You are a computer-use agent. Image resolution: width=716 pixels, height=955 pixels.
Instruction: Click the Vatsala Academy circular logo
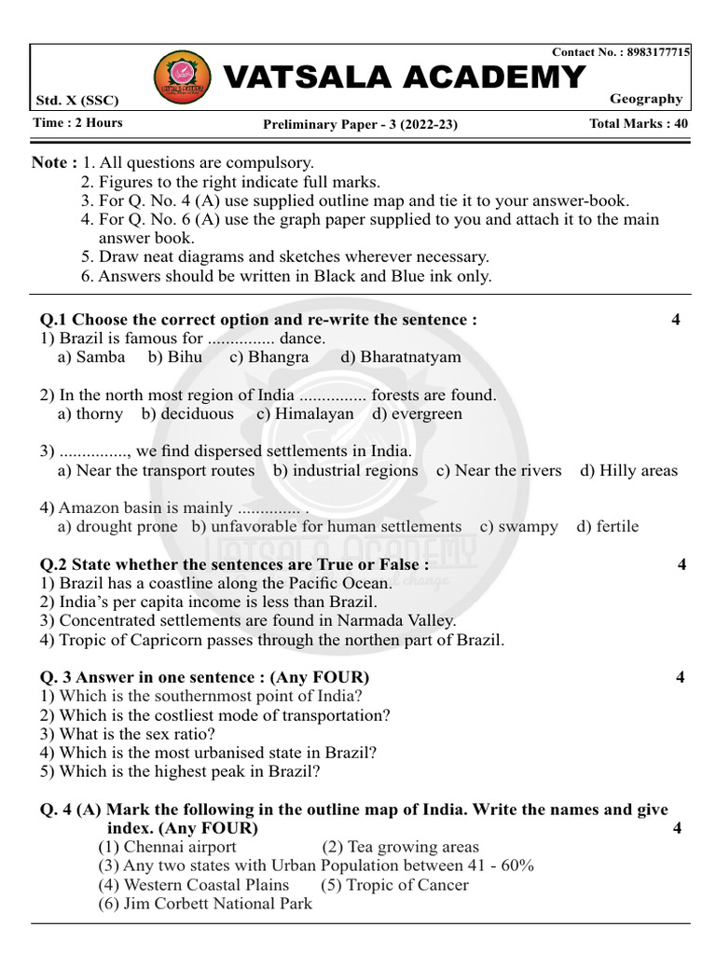[x=175, y=76]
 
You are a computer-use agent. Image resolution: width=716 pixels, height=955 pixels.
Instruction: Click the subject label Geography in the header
[x=646, y=99]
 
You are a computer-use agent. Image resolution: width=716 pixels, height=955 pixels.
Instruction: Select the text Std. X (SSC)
[x=77, y=101]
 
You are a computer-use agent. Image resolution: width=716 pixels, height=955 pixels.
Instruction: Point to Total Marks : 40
[x=639, y=123]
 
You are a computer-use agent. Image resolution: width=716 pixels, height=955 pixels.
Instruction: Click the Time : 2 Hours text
[x=77, y=123]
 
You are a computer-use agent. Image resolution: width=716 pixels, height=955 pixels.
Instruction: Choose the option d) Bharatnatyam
[x=401, y=357]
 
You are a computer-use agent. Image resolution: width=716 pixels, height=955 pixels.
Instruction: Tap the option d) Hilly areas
[x=629, y=470]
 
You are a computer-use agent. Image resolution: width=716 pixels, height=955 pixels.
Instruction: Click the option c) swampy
[x=519, y=526]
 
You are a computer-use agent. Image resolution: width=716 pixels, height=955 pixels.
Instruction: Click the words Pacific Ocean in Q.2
[x=339, y=583]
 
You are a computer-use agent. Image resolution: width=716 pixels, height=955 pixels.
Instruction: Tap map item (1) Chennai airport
[x=168, y=847]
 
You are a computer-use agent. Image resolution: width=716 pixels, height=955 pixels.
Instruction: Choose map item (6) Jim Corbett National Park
[x=205, y=903]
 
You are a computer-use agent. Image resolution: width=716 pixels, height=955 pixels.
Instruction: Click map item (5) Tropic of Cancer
[x=394, y=884]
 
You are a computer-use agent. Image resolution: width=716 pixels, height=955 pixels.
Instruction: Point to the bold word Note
[x=49, y=162]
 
